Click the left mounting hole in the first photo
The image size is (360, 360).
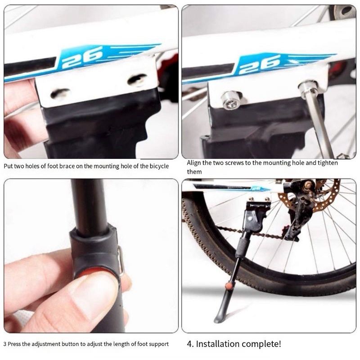pos(60,94)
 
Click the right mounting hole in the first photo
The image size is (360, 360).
pos(137,79)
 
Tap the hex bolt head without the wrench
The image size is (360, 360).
pos(231,100)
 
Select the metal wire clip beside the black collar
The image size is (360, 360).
pos(121,260)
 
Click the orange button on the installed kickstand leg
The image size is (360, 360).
pos(229,286)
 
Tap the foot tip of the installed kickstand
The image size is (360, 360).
pos(217,320)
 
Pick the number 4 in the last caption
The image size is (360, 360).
pos(189,344)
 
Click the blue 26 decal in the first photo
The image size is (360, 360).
pos(83,58)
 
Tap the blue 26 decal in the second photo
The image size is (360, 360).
pos(261,65)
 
